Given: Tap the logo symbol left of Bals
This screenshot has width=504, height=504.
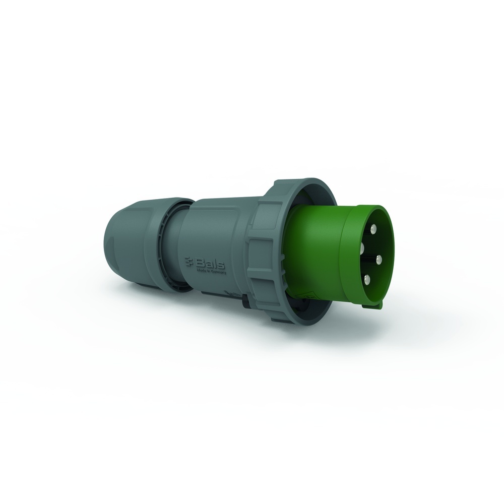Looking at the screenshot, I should [x=191, y=260].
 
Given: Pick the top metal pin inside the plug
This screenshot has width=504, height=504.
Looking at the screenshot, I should [x=373, y=229].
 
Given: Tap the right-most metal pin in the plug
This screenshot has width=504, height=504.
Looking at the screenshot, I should [x=380, y=259].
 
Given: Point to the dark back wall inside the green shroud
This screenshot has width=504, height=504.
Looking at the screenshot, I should [x=370, y=252].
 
